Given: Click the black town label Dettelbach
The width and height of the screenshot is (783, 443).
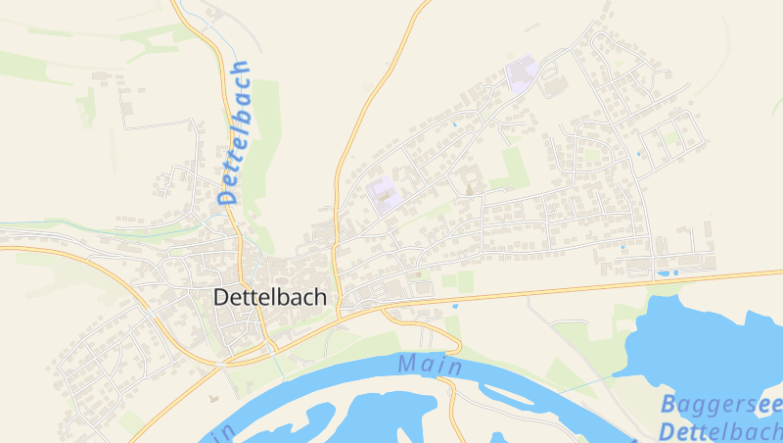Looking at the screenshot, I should [x=269, y=297].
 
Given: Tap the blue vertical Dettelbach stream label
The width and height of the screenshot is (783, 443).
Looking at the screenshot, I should [x=235, y=132].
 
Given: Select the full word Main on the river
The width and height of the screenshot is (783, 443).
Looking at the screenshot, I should [x=429, y=365].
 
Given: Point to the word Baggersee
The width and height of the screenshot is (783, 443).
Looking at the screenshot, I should [x=720, y=404].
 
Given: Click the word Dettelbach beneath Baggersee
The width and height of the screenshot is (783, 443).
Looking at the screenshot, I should [x=719, y=430].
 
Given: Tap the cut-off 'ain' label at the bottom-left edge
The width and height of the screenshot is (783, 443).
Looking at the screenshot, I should [x=221, y=432].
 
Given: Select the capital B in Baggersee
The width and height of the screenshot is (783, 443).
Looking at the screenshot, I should [x=668, y=403].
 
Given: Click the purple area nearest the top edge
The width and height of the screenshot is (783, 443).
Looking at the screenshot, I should [x=523, y=74].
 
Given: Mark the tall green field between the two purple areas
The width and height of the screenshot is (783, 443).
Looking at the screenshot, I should [x=513, y=167].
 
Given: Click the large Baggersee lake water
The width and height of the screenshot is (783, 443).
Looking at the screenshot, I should [x=705, y=343].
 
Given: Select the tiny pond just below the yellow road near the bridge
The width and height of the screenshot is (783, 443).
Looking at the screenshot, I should [x=454, y=306].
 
